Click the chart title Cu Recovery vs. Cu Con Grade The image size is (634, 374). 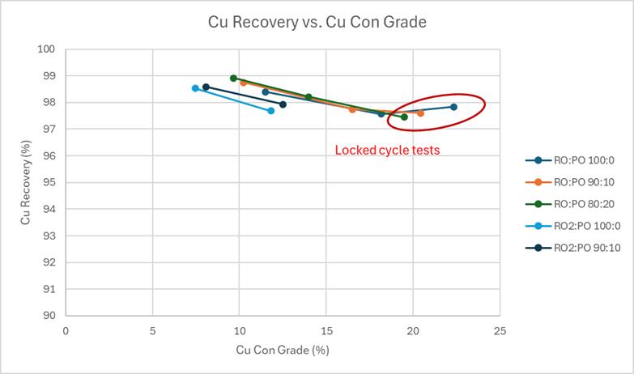(x=317, y=22)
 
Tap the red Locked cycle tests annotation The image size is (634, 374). (x=387, y=150)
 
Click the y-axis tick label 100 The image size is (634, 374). (x=47, y=49)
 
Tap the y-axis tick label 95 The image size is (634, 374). (x=49, y=182)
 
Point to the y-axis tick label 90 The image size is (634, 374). (x=49, y=315)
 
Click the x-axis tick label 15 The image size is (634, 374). (x=326, y=330)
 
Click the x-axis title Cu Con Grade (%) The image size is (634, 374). (x=283, y=351)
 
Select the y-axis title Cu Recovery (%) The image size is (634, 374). (x=26, y=182)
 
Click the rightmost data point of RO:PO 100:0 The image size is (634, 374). (x=453, y=107)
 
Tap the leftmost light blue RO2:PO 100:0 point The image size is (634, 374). (x=195, y=88)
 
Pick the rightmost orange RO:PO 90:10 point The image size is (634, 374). (x=420, y=113)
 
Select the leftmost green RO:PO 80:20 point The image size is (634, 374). (x=233, y=79)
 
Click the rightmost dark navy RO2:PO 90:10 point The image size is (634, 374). (x=283, y=104)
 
